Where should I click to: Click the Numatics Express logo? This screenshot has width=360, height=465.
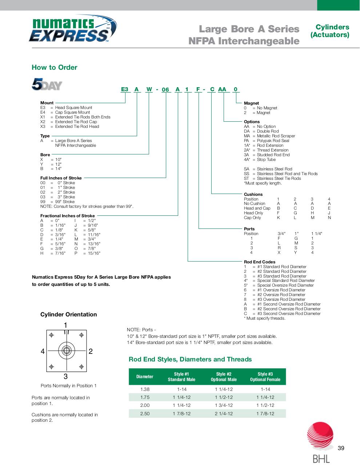[73, 31]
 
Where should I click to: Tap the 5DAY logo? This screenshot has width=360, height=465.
[47, 84]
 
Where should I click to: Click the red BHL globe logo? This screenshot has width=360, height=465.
[320, 436]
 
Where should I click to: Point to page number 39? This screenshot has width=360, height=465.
[341, 448]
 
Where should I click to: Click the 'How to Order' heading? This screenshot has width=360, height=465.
[55, 67]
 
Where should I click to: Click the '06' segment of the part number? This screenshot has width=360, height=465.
[165, 90]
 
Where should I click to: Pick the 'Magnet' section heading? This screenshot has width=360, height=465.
[251, 103]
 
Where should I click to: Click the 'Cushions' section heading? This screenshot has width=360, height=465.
[253, 194]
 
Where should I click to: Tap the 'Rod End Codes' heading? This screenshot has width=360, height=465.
[260, 262]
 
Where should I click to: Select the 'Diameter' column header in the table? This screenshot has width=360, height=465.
[145, 377]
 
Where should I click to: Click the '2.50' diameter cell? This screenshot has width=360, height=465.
[145, 413]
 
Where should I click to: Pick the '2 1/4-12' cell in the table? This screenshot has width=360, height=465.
[224, 413]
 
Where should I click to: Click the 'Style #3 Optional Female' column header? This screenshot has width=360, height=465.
[265, 377]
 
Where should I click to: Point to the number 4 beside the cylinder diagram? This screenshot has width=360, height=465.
[43, 351]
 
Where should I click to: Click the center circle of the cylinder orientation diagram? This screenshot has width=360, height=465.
[66, 351]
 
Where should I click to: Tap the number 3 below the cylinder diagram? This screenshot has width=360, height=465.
[65, 377]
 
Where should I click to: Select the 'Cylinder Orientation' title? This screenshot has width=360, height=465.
[69, 315]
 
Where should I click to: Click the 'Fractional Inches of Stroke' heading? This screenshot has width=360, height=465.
[67, 216]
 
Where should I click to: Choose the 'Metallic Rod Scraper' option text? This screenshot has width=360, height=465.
[276, 136]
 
